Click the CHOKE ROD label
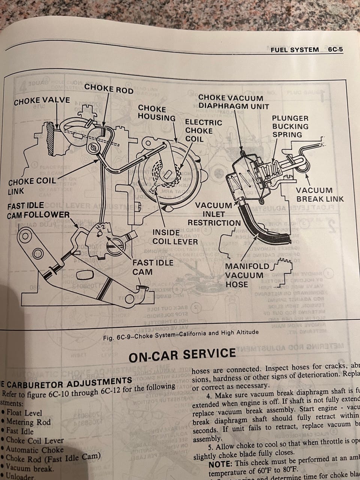[108, 88]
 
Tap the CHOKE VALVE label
[42, 100]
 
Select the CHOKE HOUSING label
[157, 113]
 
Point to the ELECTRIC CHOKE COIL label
[204, 130]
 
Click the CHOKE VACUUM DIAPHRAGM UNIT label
[233, 102]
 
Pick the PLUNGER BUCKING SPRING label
[290, 126]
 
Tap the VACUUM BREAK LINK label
[319, 194]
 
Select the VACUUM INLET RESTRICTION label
[214, 214]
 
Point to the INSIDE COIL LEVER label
[174, 237]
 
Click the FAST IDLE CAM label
[147, 267]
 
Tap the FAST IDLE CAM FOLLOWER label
[38, 210]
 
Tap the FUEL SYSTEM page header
[294, 49]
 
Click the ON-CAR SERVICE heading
[182, 354]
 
